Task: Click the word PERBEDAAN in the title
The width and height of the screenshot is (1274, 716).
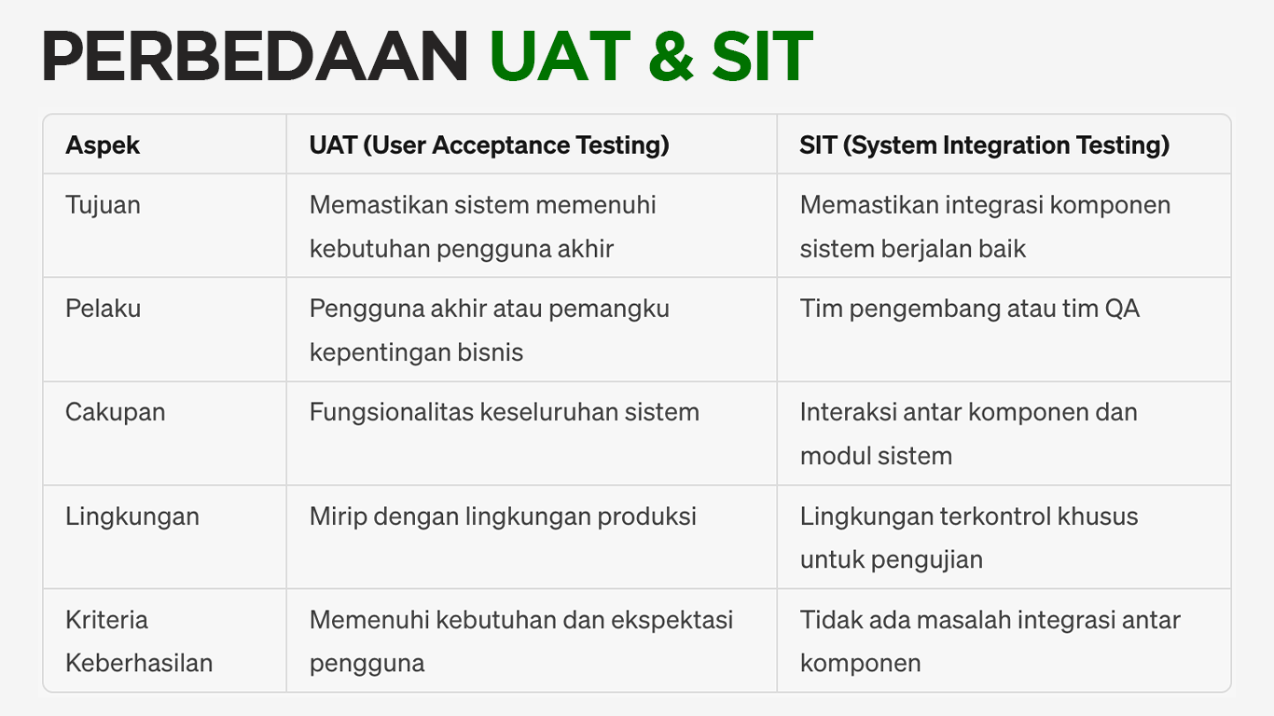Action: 255,57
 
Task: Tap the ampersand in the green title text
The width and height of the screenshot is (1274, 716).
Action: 672,57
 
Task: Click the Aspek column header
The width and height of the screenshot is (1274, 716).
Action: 103,145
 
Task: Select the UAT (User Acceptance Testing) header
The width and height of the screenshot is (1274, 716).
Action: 489,145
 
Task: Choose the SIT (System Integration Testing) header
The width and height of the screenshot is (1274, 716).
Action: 985,145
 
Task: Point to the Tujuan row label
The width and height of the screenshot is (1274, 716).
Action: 103,205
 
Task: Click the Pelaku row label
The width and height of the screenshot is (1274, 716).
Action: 103,309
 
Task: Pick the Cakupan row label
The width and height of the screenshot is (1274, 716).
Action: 116,413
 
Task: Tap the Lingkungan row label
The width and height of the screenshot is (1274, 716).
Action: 132,516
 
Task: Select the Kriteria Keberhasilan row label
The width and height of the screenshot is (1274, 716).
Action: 139,640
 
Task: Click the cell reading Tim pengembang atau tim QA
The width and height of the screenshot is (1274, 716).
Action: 970,310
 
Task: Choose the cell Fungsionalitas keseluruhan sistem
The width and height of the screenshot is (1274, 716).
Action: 505,412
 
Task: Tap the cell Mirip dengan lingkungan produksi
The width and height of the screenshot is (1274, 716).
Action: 503,516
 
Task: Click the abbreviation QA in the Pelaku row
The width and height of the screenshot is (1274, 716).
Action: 1122,309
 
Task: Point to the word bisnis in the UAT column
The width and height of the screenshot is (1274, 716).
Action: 491,352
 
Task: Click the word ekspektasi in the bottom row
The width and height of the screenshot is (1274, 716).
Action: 672,621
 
